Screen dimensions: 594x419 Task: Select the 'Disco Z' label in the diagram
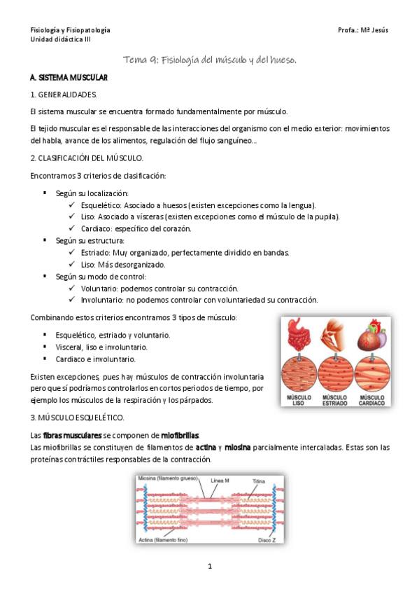[x=267, y=540]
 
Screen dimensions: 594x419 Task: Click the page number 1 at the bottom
[x=209, y=566]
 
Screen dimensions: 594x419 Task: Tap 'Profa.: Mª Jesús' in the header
[x=362, y=31]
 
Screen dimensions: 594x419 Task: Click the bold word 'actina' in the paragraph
[x=206, y=448]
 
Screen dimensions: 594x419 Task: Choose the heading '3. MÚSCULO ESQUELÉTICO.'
[x=78, y=418]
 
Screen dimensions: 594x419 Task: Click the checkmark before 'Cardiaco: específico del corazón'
[x=73, y=228]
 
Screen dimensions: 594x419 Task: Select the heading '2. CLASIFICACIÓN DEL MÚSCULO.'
[x=87, y=158]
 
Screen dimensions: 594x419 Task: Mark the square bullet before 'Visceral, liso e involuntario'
[x=45, y=347]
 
